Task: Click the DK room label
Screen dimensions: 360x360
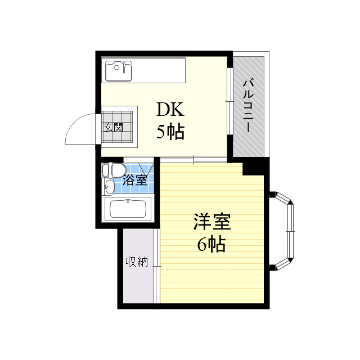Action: click(x=170, y=109)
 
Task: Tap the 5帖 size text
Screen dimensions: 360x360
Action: click(x=170, y=132)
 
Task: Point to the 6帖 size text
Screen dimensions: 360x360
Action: click(x=211, y=245)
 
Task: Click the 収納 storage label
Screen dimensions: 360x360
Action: click(x=137, y=262)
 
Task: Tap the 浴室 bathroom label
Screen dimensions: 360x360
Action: click(x=135, y=181)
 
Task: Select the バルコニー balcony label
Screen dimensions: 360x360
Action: click(x=248, y=106)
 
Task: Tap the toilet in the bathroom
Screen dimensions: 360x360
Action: click(x=114, y=169)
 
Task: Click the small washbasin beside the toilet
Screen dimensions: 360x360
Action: click(x=109, y=186)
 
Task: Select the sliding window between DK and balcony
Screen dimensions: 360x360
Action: click(x=229, y=101)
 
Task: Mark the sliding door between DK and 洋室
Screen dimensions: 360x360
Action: click(x=193, y=160)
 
